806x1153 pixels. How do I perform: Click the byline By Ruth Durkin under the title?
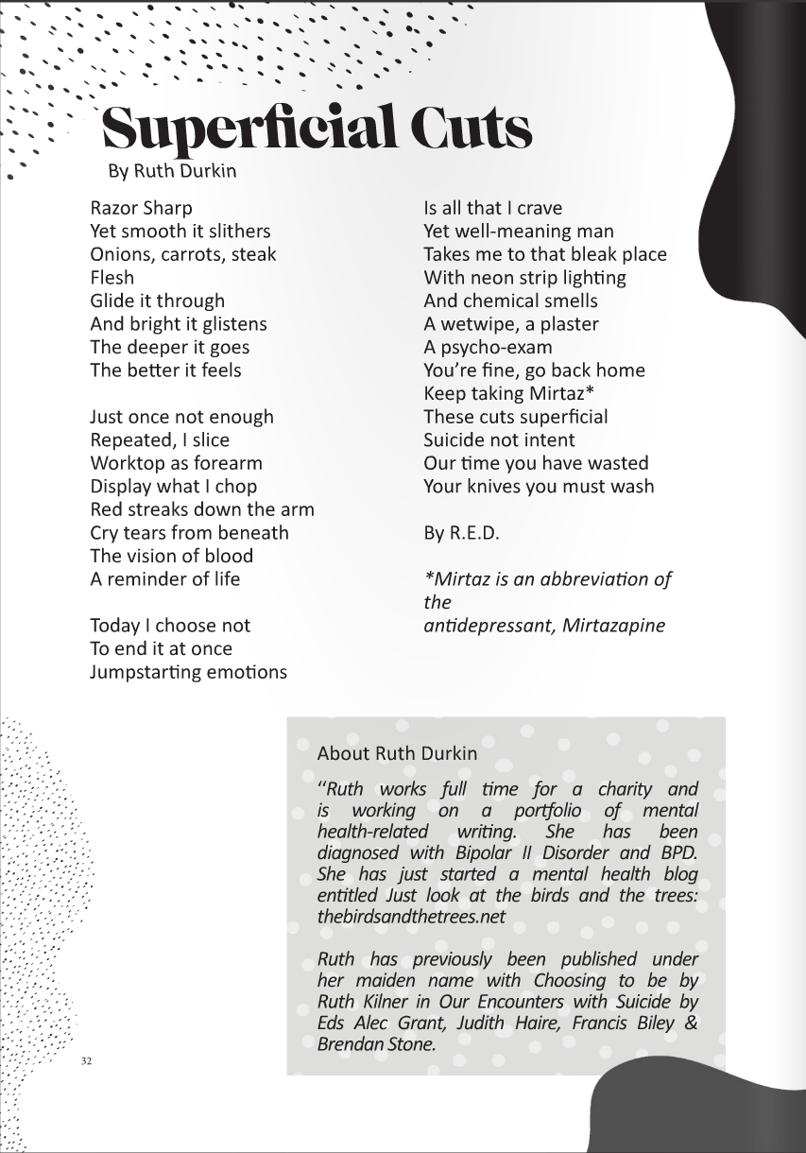pos(172,171)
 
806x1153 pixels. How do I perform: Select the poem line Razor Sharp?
pos(141,208)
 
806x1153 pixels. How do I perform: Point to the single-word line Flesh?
pos(112,278)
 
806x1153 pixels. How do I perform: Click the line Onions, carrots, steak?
pos(183,254)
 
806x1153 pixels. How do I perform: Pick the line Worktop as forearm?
pos(176,463)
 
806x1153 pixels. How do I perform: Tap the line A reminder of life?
pos(165,579)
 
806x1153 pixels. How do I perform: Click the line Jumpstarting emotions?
pos(188,672)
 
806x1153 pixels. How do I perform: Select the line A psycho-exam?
pos(488,347)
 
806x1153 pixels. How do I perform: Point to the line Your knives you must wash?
pos(539,487)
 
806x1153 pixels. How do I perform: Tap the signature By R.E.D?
pos(461,533)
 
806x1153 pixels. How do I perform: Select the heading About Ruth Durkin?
pos(397,753)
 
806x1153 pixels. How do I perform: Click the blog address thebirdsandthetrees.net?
pos(411,917)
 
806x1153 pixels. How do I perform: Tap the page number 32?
pos(87,1061)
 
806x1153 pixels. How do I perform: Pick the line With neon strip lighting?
pos(524,278)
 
